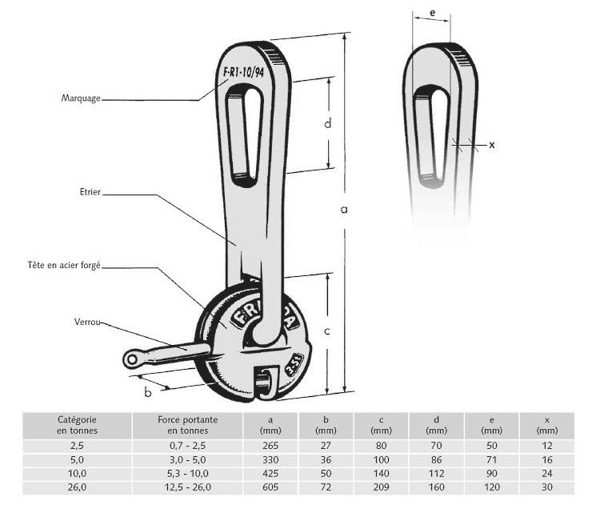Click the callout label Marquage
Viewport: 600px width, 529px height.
[x=81, y=98]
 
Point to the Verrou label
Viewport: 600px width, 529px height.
[x=88, y=323]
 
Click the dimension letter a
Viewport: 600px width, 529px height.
[x=344, y=210]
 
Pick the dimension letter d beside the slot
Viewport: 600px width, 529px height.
[x=327, y=123]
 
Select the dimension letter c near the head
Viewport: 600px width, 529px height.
[x=326, y=331]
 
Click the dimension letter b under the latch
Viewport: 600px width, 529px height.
[x=147, y=391]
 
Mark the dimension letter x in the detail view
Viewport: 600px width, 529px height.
[x=492, y=145]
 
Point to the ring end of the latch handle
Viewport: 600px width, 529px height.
[x=131, y=360]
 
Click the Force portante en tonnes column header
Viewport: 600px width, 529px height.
[x=176, y=425]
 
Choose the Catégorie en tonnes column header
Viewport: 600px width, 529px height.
[x=77, y=425]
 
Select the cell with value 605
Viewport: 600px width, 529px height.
[x=270, y=487]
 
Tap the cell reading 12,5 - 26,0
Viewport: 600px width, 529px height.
[x=176, y=487]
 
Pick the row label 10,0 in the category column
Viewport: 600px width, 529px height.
[x=77, y=474]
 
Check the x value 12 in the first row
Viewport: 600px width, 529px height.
[x=546, y=445]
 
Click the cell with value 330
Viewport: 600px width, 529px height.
[x=270, y=459]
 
